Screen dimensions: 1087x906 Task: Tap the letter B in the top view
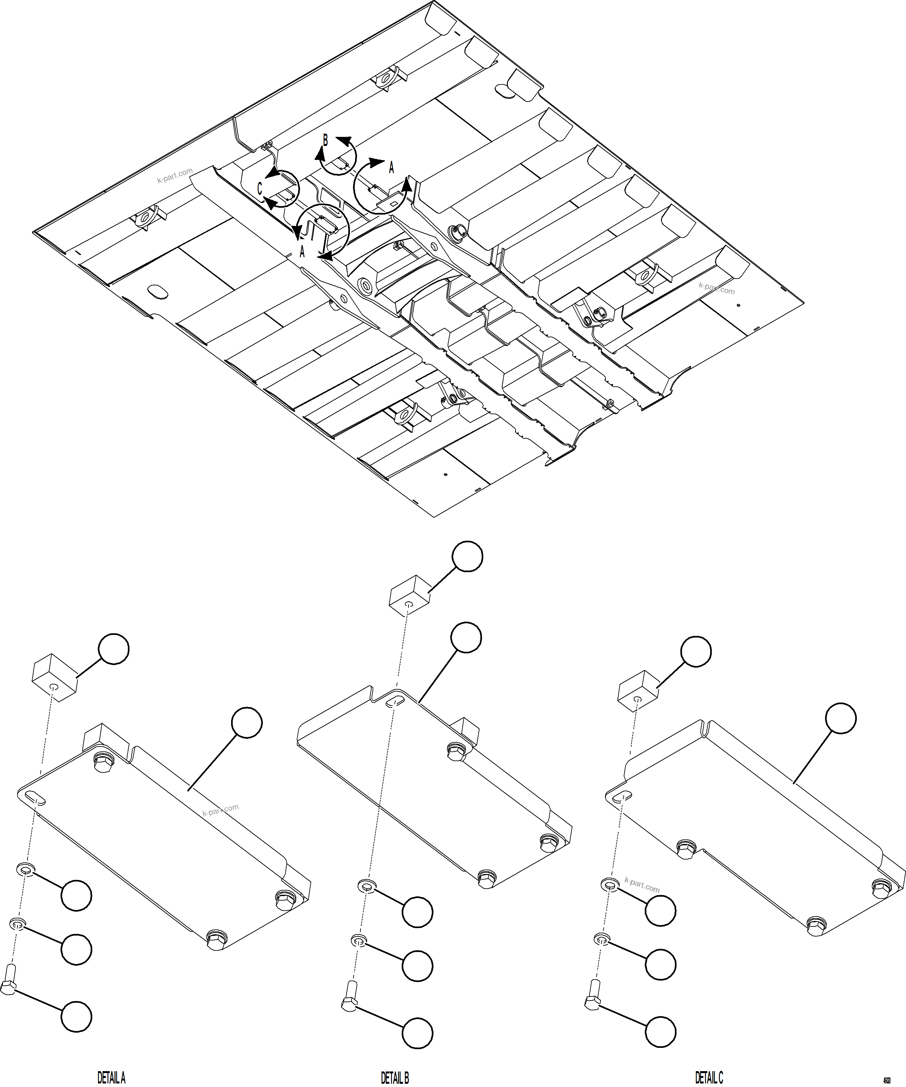click(x=325, y=140)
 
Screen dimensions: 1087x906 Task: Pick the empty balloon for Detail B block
click(x=467, y=556)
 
